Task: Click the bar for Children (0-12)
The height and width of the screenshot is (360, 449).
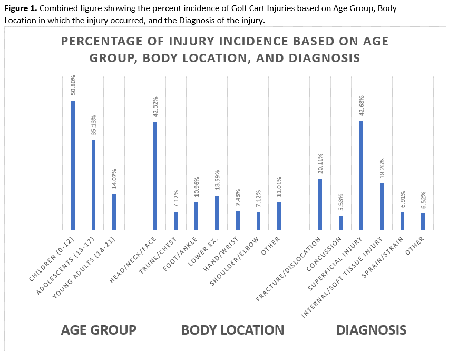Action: click(73, 165)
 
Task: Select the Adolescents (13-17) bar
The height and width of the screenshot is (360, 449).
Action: click(93, 184)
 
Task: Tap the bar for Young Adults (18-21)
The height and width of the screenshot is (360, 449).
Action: click(114, 212)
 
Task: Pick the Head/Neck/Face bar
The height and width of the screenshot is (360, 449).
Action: click(155, 176)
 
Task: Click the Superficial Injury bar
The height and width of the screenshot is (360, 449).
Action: click(361, 175)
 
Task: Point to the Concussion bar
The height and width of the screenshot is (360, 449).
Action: click(340, 222)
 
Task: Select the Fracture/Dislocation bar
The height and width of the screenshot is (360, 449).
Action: click(320, 204)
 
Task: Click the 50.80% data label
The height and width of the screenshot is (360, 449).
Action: click(73, 86)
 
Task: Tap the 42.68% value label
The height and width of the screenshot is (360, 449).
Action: click(361, 107)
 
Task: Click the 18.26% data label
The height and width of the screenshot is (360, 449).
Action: click(382, 169)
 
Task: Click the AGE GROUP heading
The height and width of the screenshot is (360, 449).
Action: click(99, 330)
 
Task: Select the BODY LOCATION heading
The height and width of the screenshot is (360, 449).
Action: click(232, 330)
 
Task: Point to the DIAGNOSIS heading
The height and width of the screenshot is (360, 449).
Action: click(371, 330)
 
